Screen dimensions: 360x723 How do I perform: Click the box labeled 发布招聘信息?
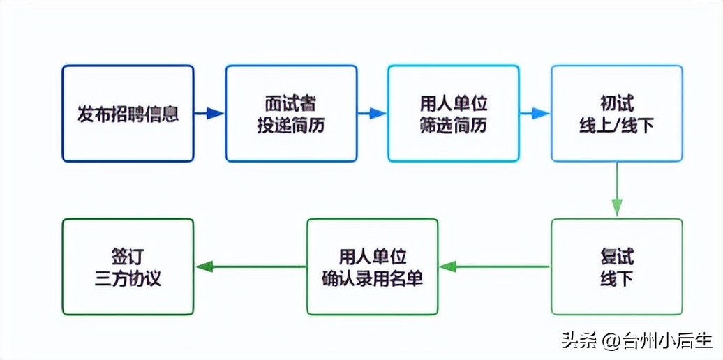tap(128, 114)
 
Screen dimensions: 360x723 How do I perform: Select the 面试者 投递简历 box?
tap(290, 114)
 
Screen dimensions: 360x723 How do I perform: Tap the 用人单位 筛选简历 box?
tap(454, 114)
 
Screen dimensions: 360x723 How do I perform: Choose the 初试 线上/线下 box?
tap(616, 114)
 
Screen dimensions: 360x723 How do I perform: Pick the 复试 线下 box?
tap(616, 267)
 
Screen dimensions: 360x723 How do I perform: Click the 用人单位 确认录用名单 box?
tap(372, 267)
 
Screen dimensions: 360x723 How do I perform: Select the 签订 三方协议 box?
tap(128, 267)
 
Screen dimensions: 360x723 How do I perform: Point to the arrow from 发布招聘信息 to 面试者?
tap(209, 114)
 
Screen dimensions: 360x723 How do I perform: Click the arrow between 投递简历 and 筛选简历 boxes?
tap(373, 114)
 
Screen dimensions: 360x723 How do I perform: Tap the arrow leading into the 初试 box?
tap(535, 114)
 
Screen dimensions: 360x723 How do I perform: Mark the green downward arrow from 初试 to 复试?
tap(616, 190)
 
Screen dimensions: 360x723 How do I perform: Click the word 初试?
tap(616, 103)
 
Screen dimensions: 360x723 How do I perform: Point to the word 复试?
tap(616, 256)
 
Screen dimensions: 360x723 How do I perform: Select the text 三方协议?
tap(128, 278)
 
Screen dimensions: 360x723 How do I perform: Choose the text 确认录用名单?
tap(372, 278)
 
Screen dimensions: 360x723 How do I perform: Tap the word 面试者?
tap(290, 103)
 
